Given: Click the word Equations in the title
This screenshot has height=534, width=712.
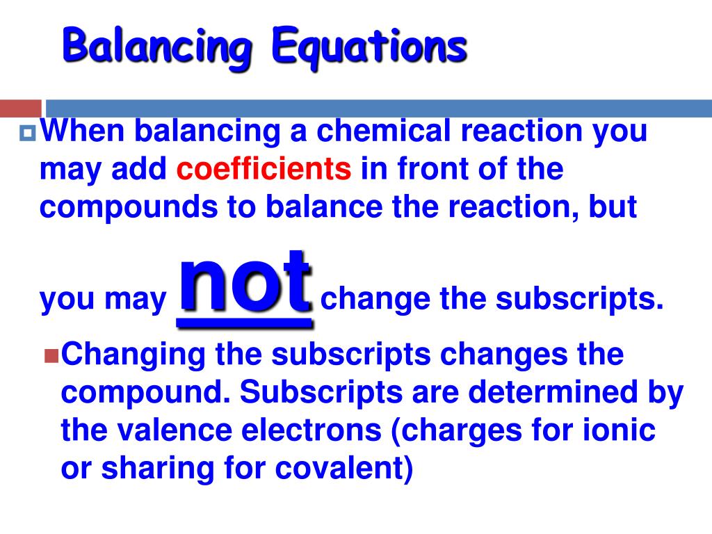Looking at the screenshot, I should click(369, 47).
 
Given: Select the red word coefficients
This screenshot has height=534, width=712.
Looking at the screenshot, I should click(264, 169).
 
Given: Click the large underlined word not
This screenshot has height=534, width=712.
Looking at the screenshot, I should click(245, 285).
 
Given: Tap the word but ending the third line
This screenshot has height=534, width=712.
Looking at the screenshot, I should click(615, 209).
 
